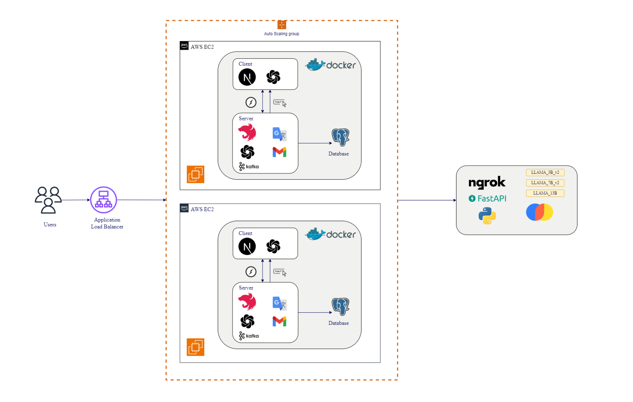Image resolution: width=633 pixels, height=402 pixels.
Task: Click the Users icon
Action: click(x=48, y=200)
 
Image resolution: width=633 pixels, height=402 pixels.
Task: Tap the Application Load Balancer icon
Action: click(x=104, y=200)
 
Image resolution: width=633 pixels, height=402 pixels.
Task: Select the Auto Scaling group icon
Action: click(x=282, y=25)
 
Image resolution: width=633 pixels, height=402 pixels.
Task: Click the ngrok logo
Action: click(x=487, y=182)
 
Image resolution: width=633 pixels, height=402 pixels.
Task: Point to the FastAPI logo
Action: click(x=487, y=198)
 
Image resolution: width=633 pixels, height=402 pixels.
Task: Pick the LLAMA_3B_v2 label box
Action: click(x=545, y=172)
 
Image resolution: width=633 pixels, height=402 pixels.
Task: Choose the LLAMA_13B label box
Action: click(x=545, y=193)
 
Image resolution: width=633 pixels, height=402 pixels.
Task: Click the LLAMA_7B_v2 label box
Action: click(x=545, y=183)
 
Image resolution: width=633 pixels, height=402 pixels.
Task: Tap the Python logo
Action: click(x=487, y=216)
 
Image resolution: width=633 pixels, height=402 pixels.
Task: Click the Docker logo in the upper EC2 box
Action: click(x=331, y=65)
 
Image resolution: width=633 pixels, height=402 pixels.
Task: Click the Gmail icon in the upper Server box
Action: click(x=279, y=152)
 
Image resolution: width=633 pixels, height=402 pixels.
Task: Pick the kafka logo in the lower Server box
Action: click(x=249, y=336)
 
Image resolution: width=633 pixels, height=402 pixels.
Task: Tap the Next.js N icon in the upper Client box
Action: click(x=247, y=77)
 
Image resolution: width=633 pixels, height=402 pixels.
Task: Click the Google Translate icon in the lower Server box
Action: click(x=279, y=303)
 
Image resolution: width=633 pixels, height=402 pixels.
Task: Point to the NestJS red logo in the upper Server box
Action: click(x=247, y=133)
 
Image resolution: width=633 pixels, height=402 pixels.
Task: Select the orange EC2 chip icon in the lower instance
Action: click(x=196, y=347)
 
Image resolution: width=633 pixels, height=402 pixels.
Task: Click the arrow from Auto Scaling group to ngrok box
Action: click(x=427, y=200)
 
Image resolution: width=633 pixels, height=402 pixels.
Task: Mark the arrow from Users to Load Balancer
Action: click(x=75, y=200)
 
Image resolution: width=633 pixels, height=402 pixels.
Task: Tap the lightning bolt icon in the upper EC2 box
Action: click(x=251, y=102)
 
